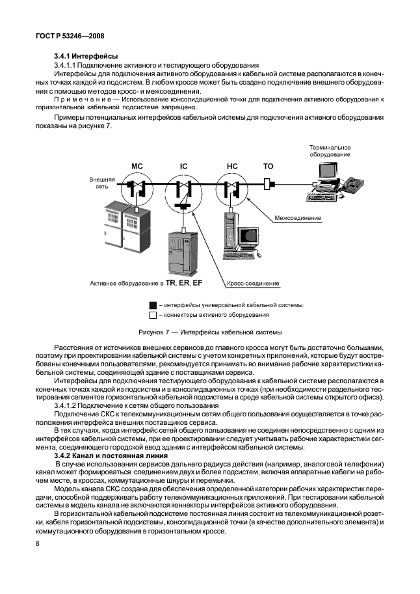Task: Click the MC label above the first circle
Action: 137,167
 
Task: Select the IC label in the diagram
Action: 184,167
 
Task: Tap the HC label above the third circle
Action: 232,167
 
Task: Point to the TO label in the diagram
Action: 268,167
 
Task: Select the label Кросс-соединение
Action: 254,284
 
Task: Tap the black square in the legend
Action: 153,304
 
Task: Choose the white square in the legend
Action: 153,315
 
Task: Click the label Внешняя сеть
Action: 103,182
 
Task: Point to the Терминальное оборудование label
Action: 330,151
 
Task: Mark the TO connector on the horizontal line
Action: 269,185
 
